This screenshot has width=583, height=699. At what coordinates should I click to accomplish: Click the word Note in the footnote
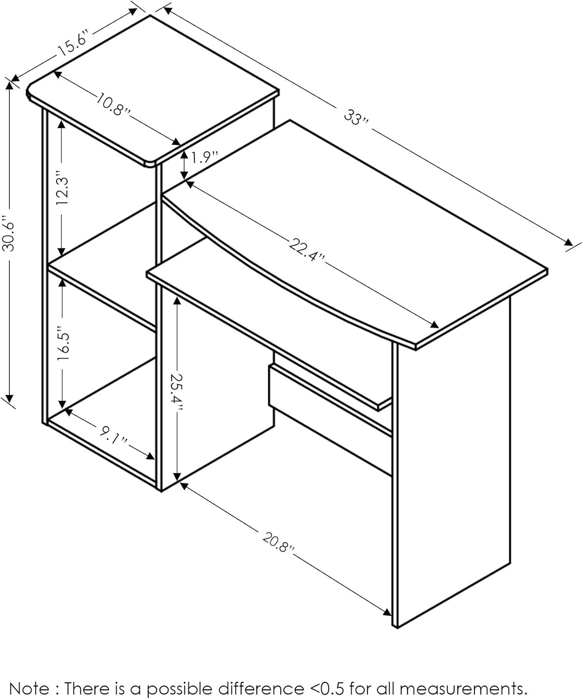(29, 679)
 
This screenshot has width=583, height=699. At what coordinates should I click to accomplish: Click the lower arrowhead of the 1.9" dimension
(184, 175)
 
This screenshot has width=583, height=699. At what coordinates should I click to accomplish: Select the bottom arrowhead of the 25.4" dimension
(177, 476)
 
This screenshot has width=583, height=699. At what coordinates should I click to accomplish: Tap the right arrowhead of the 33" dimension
(568, 242)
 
